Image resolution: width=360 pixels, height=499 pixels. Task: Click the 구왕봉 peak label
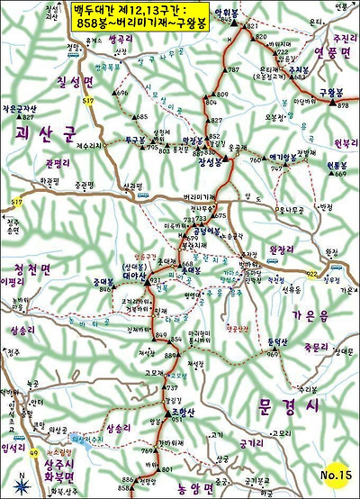coord(332,93)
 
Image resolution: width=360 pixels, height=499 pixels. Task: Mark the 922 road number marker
coord(312,274)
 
